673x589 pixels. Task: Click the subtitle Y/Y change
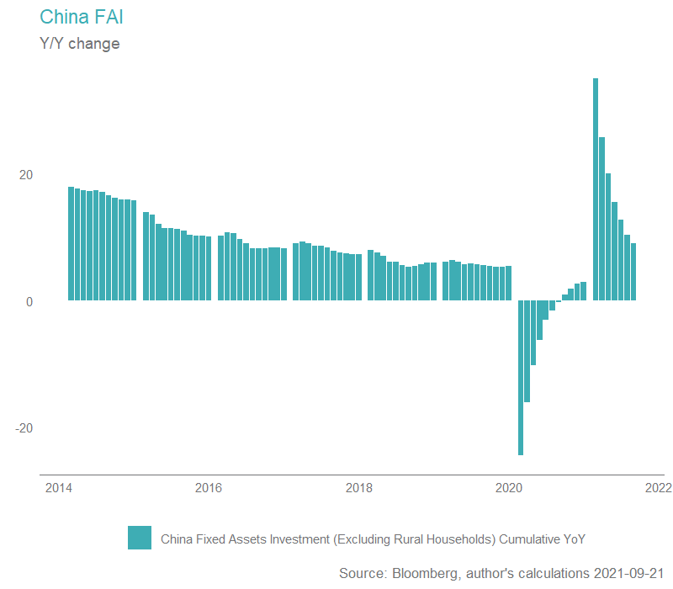click(x=80, y=43)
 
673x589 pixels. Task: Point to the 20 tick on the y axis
click(x=26, y=175)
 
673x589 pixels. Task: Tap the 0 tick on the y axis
click(x=29, y=301)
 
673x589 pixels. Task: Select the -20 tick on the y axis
click(x=24, y=427)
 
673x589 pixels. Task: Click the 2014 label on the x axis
click(x=58, y=488)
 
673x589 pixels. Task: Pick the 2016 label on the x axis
click(x=208, y=488)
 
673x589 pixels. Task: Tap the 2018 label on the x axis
click(x=359, y=488)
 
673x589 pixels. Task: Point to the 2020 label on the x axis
click(x=509, y=488)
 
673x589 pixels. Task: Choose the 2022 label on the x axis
click(x=659, y=488)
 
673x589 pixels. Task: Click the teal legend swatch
click(x=140, y=538)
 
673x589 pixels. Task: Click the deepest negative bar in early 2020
click(x=521, y=378)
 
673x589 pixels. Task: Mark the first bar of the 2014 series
click(x=71, y=244)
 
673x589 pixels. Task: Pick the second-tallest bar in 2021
click(x=602, y=219)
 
